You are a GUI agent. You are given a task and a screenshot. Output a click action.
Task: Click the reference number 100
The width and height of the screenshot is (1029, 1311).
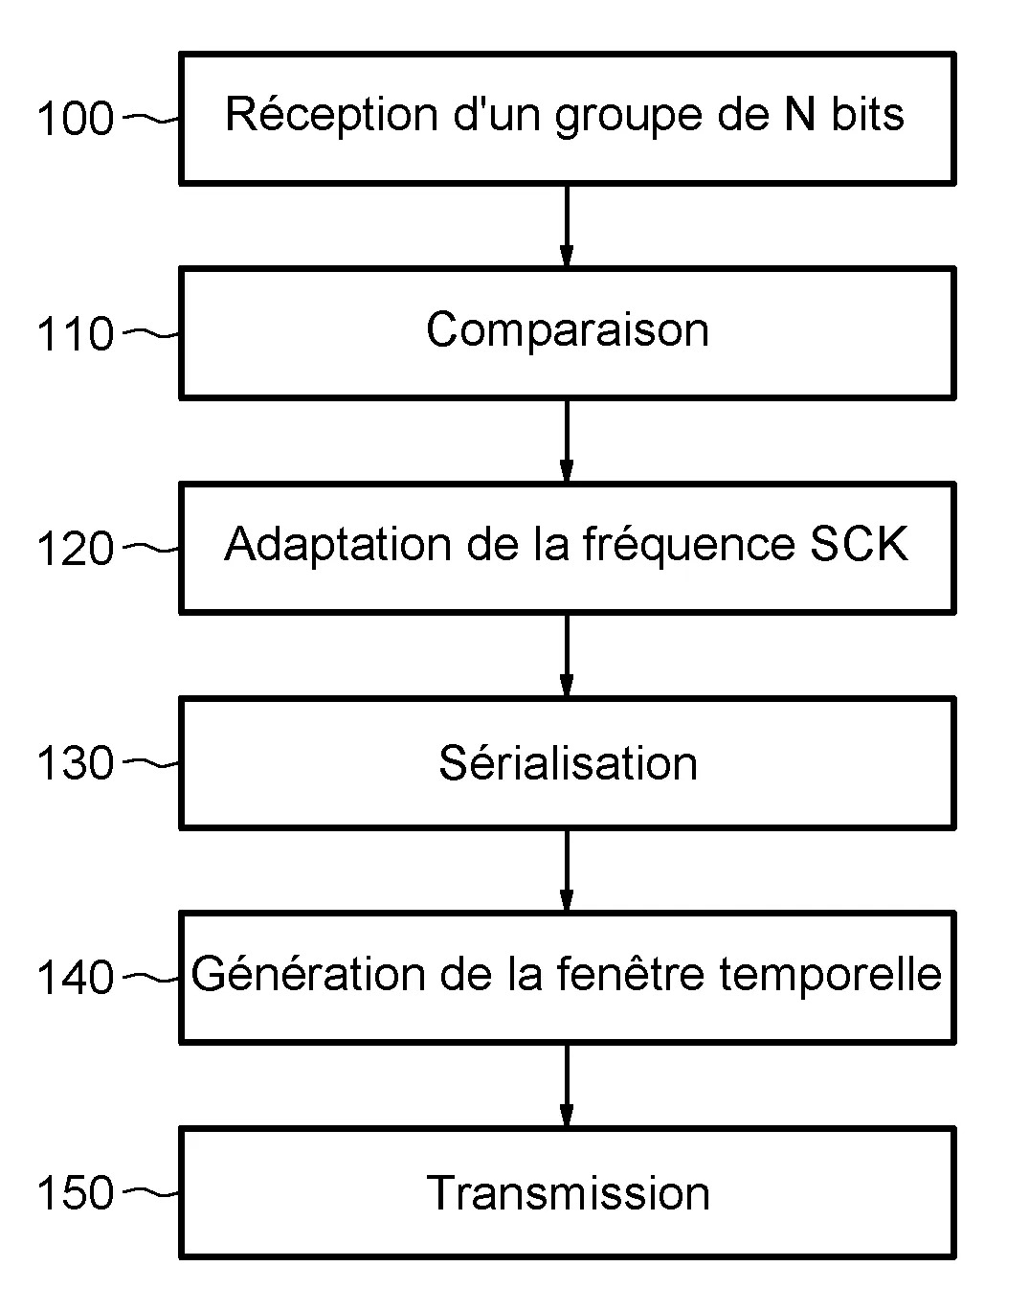[75, 120]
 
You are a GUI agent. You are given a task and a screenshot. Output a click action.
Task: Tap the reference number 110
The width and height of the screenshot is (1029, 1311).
[75, 335]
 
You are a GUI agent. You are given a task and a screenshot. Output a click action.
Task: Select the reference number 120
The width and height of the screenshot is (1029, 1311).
[75, 550]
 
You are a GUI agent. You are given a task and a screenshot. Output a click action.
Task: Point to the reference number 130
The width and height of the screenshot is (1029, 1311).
[75, 764]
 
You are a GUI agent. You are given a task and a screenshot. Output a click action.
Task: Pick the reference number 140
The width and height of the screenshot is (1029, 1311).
[75, 979]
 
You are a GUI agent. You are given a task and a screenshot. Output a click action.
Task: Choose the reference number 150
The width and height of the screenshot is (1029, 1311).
[75, 1194]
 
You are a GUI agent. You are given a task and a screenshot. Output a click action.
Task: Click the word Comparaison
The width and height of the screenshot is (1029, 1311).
[567, 330]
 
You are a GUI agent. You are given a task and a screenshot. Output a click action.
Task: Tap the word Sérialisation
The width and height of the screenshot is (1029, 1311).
[568, 763]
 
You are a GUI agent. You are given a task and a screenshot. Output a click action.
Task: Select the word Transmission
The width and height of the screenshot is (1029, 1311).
[568, 1193]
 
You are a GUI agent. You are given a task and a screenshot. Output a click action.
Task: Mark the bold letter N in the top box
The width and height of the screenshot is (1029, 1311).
[799, 115]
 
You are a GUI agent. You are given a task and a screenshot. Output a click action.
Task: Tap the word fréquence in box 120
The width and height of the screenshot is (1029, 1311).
[688, 545]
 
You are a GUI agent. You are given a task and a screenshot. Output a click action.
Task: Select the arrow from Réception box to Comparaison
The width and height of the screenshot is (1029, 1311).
[567, 226]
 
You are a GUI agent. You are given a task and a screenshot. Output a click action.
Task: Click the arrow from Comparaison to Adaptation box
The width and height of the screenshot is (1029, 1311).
[567, 441]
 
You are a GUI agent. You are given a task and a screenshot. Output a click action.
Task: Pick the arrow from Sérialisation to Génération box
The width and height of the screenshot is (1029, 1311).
[567, 870]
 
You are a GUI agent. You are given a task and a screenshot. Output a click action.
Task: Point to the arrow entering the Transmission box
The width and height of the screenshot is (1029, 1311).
[567, 1085]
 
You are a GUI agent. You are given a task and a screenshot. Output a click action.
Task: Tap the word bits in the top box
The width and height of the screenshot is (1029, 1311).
[866, 115]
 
